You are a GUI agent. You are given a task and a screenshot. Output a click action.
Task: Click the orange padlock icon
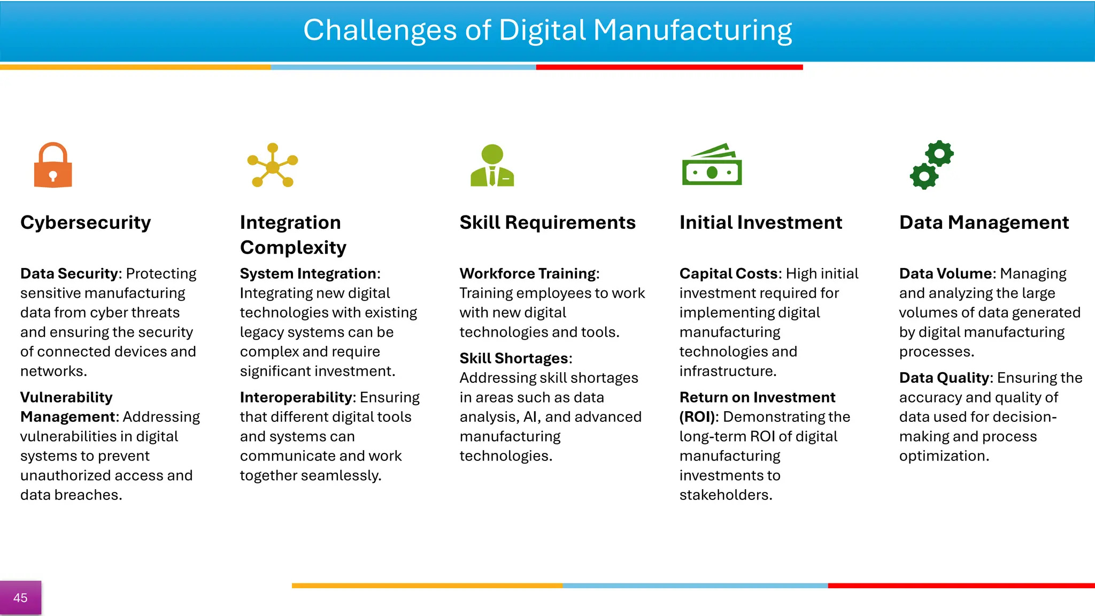pos(53,165)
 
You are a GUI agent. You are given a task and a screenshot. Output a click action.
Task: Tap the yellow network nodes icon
pos(273,165)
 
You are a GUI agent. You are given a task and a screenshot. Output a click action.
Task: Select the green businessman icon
pos(492,165)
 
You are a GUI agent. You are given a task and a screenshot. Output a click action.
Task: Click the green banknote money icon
pos(712,165)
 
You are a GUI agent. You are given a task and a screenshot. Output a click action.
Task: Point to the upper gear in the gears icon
pos(939,154)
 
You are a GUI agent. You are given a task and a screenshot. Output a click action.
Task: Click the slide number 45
pos(20,598)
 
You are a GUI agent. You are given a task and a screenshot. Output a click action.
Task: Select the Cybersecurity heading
pos(86,222)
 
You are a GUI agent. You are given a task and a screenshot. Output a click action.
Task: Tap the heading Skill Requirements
pos(547,222)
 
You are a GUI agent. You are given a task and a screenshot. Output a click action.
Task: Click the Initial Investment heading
pos(760,222)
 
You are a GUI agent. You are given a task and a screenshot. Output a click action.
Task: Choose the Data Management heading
pos(984,222)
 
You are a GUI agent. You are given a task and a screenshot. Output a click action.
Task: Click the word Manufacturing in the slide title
pos(692,30)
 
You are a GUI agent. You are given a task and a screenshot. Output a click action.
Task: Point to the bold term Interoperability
pos(297,397)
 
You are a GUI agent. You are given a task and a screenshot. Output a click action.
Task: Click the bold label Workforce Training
pos(528,274)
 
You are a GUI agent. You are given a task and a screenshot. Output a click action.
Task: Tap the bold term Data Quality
pos(945,378)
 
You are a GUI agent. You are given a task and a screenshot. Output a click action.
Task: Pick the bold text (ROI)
pos(697,417)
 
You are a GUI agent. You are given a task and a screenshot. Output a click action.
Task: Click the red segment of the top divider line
pos(669,67)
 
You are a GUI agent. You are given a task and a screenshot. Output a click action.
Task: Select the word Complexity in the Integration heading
pos(293,248)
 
